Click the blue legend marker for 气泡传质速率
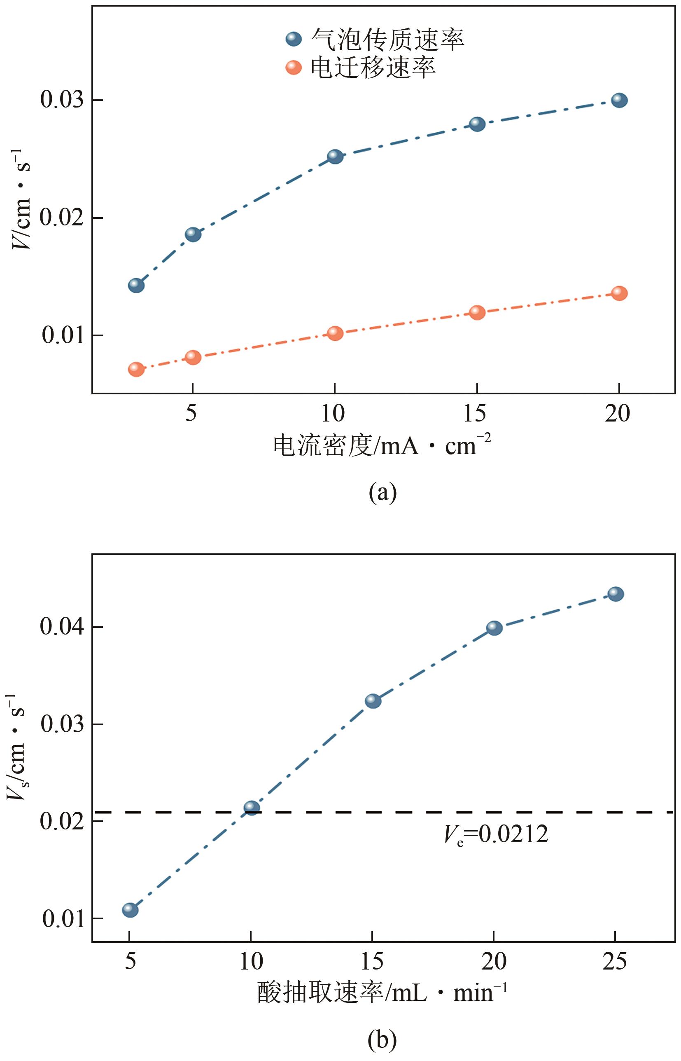[x=294, y=40]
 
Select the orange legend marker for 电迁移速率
[x=294, y=68]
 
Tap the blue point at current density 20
[x=619, y=101]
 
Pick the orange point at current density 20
[x=619, y=293]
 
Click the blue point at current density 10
[x=335, y=156]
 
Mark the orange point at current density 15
[x=477, y=312]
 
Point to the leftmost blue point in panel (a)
[x=136, y=286]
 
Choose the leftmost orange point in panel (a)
[x=136, y=369]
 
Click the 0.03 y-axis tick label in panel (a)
[x=62, y=100]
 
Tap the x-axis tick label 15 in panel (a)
[x=475, y=414]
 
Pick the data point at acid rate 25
[x=616, y=594]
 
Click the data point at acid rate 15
[x=373, y=700]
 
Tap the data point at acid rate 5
[x=130, y=910]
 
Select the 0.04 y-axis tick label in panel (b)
[x=62, y=627]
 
